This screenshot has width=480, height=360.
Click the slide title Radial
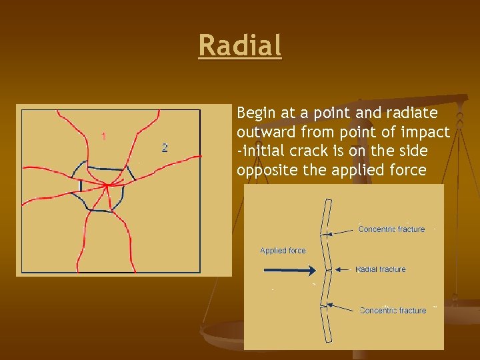[x=240, y=46]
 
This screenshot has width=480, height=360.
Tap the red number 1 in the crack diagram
[x=103, y=136]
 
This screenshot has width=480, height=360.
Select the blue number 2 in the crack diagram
[x=165, y=147]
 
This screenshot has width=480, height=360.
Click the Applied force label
[x=283, y=251]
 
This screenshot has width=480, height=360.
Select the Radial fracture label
[x=381, y=269]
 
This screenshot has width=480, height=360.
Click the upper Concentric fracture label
[x=391, y=229]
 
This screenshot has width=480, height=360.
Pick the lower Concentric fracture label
[x=393, y=310]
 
